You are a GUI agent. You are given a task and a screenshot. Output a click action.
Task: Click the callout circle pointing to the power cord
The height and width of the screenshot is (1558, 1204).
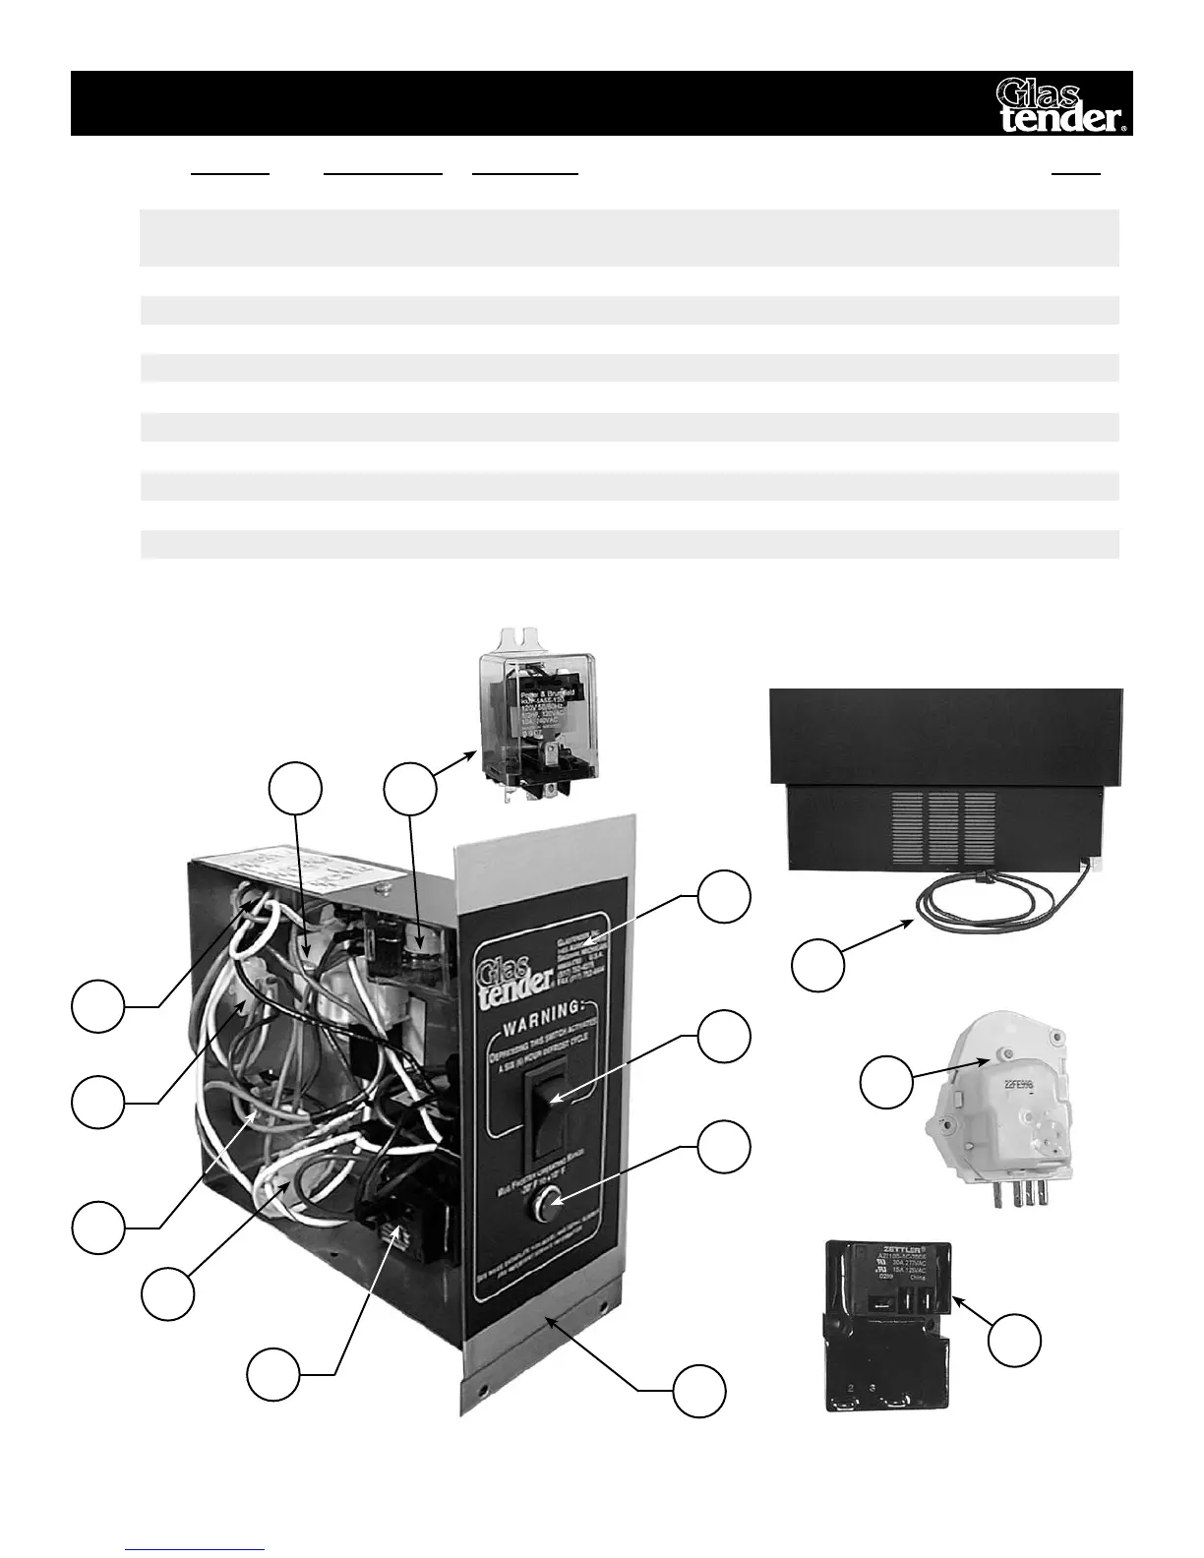819,965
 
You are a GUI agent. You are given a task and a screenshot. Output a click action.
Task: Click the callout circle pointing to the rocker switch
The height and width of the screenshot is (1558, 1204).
723,1037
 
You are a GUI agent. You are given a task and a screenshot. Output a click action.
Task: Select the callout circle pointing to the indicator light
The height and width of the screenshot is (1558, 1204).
723,1146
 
